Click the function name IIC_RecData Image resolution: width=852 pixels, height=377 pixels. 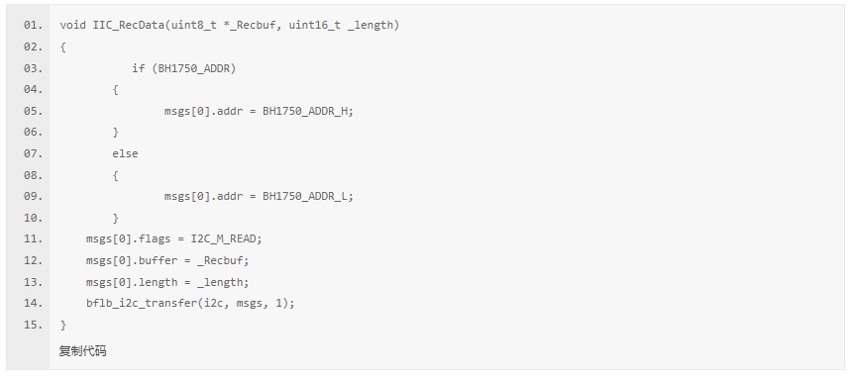129,26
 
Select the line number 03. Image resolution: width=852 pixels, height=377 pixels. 33,68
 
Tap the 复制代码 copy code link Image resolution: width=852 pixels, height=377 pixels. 82,351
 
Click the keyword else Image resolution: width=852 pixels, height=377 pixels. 125,153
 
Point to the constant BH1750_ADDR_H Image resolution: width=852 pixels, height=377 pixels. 306,111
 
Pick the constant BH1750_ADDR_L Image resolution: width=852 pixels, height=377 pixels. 306,196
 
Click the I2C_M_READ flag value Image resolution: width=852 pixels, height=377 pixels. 225,239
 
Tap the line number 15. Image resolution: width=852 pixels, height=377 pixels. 33,325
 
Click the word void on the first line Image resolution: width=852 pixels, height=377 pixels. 72,26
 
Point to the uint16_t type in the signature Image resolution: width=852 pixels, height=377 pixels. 315,26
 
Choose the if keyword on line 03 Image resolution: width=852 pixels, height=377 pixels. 138,68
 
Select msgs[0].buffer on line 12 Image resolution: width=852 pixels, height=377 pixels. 132,260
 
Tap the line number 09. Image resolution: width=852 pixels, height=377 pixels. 33,196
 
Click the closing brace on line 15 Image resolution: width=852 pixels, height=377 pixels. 63,325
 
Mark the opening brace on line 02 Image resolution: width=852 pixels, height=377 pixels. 63,47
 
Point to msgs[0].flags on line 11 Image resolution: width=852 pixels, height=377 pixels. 128,239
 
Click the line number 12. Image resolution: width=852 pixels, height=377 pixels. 33,260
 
